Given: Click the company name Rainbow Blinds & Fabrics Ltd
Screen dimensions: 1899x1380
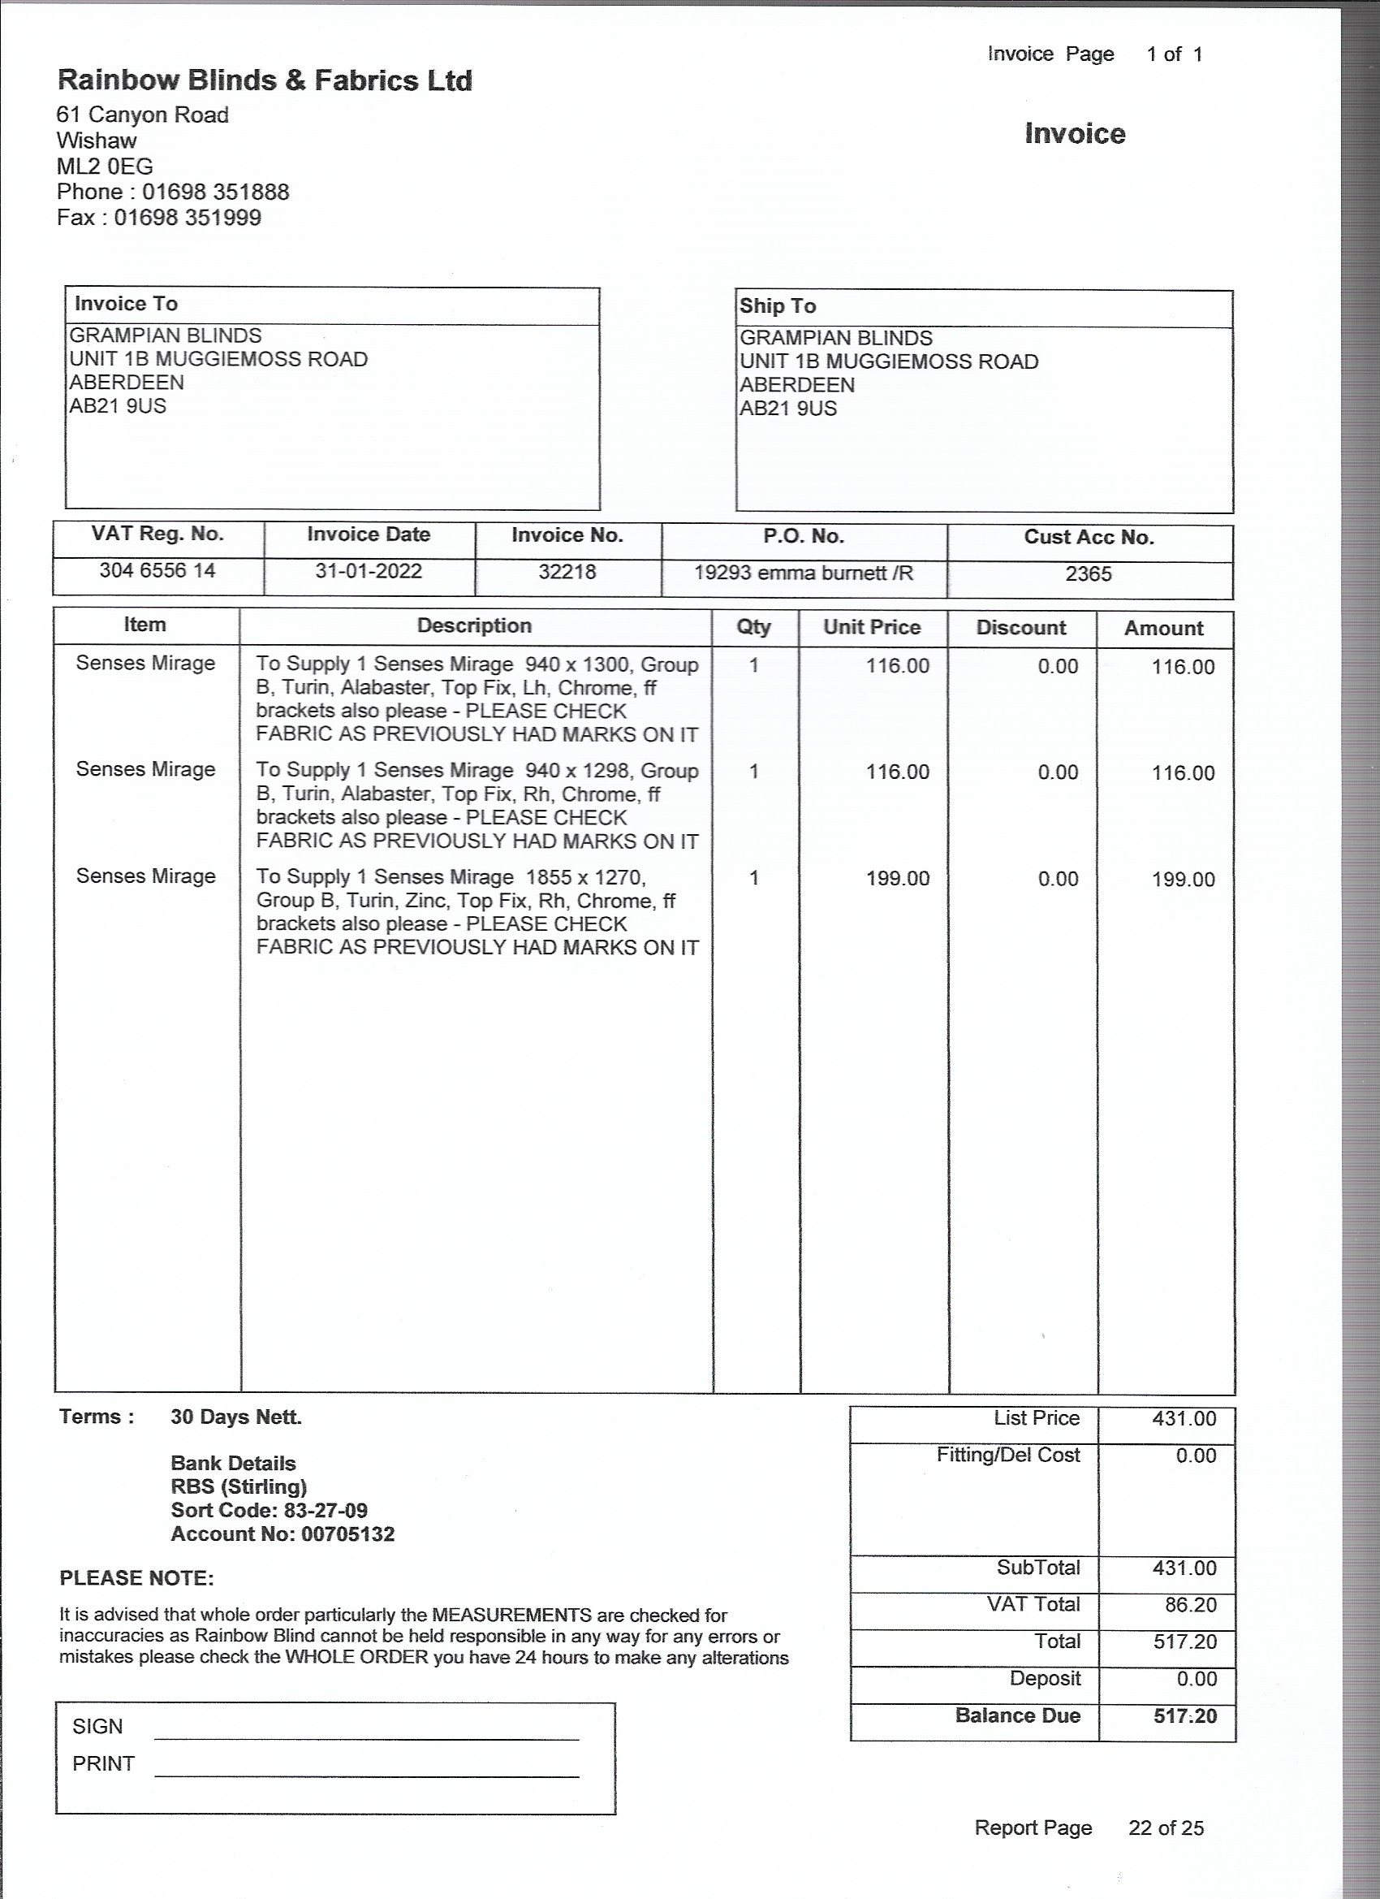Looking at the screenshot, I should pos(265,80).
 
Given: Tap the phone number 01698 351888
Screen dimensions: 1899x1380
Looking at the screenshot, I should pos(215,192).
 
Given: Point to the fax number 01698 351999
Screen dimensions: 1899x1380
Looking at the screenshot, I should pos(188,218).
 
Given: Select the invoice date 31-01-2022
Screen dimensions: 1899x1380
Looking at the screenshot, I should pos(369,572).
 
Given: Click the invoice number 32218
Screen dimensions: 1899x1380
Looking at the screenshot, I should pos(567,572).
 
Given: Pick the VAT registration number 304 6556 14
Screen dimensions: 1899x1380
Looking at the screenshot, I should pos(157,571).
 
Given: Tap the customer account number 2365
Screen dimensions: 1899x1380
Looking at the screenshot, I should pos(1088,574).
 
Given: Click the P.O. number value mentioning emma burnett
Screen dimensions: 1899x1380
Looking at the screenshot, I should pos(804,573).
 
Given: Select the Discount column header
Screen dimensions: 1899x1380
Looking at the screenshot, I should pos(1021,628).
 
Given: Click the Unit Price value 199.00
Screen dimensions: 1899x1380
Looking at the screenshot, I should pos(897,878).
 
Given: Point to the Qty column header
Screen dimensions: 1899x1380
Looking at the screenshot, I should pos(753,627).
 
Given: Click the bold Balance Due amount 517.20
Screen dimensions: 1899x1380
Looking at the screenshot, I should pos(1184,1716).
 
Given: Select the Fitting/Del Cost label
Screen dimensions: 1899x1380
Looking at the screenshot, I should pos(1007,1456).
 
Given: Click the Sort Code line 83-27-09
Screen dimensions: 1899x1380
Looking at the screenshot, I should pos(269,1511).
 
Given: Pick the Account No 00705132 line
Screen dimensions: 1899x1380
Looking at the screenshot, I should pos(282,1534).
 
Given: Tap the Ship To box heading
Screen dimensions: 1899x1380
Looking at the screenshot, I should pos(778,306).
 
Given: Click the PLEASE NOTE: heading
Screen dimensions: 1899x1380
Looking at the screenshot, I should pos(136,1578).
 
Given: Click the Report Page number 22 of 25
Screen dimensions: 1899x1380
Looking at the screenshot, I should pos(1165,1828).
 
